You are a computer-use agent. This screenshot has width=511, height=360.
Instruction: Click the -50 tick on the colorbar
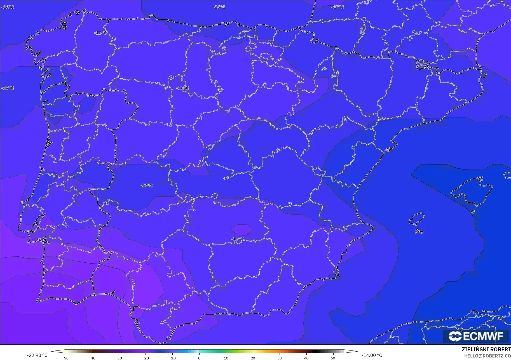(x=65, y=358)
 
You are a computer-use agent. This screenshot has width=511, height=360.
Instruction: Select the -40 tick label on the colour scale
(x=92, y=358)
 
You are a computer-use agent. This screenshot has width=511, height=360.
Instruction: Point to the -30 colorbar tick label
(x=119, y=358)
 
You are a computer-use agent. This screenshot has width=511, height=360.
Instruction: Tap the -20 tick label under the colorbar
(x=146, y=358)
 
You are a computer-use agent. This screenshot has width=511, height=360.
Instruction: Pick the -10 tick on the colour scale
(x=172, y=358)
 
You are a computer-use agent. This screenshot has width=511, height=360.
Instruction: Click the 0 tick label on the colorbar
(x=199, y=358)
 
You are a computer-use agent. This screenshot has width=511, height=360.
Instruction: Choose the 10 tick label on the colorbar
(x=226, y=358)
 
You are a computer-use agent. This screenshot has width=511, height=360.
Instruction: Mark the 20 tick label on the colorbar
(x=253, y=358)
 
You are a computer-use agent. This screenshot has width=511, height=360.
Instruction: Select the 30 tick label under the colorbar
(x=280, y=358)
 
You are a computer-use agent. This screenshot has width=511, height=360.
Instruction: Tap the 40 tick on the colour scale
(x=306, y=358)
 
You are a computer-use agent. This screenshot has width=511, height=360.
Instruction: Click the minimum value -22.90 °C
(x=37, y=355)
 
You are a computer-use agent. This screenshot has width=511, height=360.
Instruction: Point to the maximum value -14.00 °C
(x=372, y=355)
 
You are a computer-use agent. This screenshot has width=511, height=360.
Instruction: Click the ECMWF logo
(x=476, y=336)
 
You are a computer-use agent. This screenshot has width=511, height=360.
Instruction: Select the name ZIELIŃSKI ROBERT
(x=486, y=350)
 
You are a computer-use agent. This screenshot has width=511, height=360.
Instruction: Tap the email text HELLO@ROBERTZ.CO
(x=487, y=356)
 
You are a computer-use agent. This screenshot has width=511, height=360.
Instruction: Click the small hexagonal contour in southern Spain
(x=242, y=230)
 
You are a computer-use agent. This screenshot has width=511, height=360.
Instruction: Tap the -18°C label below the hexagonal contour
(x=237, y=239)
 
